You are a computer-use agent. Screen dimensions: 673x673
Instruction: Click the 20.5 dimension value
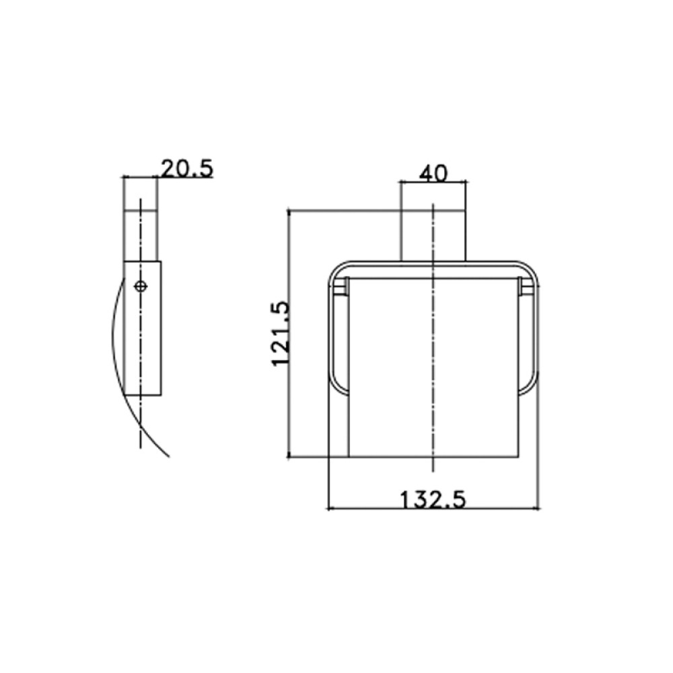[x=187, y=169]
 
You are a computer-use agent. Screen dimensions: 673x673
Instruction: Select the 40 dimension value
[x=433, y=174]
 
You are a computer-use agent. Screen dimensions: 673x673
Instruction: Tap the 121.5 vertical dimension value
[x=281, y=334]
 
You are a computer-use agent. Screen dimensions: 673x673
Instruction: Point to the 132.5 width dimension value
[x=433, y=500]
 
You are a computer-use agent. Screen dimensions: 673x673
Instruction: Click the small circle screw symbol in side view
[x=141, y=286]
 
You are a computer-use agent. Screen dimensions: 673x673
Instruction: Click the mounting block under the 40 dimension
[x=433, y=236]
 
